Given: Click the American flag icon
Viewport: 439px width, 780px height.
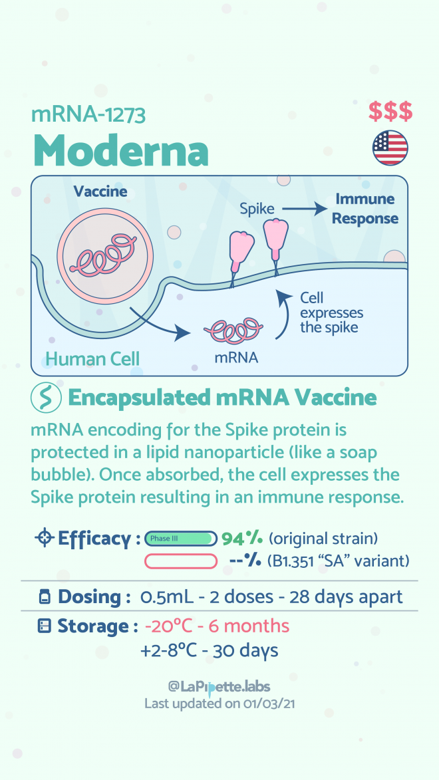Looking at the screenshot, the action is point(390,148).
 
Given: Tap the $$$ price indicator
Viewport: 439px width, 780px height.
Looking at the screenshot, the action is point(390,112).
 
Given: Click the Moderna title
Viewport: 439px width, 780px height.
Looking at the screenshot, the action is point(120,150).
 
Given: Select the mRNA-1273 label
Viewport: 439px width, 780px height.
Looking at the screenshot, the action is point(88,114).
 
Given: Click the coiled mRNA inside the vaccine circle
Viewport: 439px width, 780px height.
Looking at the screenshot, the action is point(103,254).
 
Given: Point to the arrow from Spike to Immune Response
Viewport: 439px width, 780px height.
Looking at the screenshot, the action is point(303,209).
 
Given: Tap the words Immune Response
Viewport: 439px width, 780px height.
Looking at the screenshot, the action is point(365,209).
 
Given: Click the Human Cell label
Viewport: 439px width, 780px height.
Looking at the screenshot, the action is point(92,358).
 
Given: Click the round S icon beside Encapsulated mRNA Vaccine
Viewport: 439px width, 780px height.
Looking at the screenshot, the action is point(46,398).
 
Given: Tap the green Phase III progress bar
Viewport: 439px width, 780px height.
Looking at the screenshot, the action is point(181,538).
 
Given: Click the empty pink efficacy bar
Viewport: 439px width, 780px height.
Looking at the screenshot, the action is point(181,562).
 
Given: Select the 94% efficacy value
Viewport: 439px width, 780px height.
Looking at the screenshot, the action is point(242,538).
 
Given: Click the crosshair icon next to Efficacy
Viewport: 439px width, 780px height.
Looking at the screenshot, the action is point(45,538).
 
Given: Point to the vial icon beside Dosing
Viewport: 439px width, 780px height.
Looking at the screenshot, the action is point(45,596).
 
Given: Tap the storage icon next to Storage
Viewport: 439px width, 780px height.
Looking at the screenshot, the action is point(45,626).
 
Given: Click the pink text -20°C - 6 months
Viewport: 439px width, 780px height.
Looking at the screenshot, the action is point(217,626).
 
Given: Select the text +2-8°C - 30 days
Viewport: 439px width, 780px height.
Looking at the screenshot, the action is point(209,650).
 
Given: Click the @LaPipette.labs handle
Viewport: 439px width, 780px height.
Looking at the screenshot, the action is point(219,687).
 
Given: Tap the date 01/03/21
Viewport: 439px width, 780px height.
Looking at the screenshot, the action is point(269,704).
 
